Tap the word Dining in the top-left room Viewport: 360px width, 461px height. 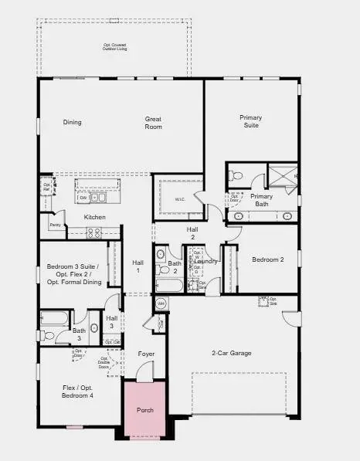pyautogui.click(x=73, y=122)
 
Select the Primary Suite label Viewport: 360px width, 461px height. pyautogui.click(x=251, y=121)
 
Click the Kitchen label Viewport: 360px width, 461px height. pyautogui.click(x=95, y=217)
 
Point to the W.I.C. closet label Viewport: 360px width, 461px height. pyautogui.click(x=180, y=199)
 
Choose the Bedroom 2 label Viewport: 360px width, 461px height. pyautogui.click(x=268, y=260)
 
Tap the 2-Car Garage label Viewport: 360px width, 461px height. pyautogui.click(x=232, y=353)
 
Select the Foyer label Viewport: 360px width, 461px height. pyautogui.click(x=146, y=354)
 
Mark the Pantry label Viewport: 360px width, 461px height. pyautogui.click(x=55, y=225)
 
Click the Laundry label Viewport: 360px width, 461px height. pyautogui.click(x=206, y=262)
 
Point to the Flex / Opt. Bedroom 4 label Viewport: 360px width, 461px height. pyautogui.click(x=77, y=392)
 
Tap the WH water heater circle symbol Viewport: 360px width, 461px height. pyautogui.click(x=161, y=303)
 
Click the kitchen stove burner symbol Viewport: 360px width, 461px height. pyautogui.click(x=96, y=232)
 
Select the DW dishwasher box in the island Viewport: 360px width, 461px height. pyautogui.click(x=82, y=198)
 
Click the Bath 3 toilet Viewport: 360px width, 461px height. pyautogui.click(x=49, y=335)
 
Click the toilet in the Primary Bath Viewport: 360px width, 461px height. pyautogui.click(x=236, y=177)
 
